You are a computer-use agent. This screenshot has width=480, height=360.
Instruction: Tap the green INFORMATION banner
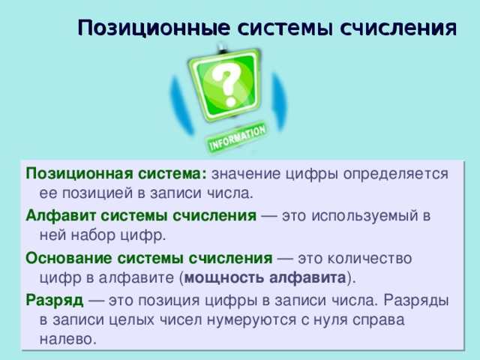tap(237, 138)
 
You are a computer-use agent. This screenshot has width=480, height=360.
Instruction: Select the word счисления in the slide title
tap(398, 28)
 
